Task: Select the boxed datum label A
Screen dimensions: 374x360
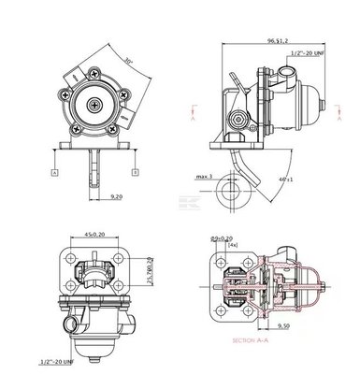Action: (55, 172)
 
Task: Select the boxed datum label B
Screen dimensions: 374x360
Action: (136, 172)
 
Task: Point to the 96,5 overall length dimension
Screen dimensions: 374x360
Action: (278, 41)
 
